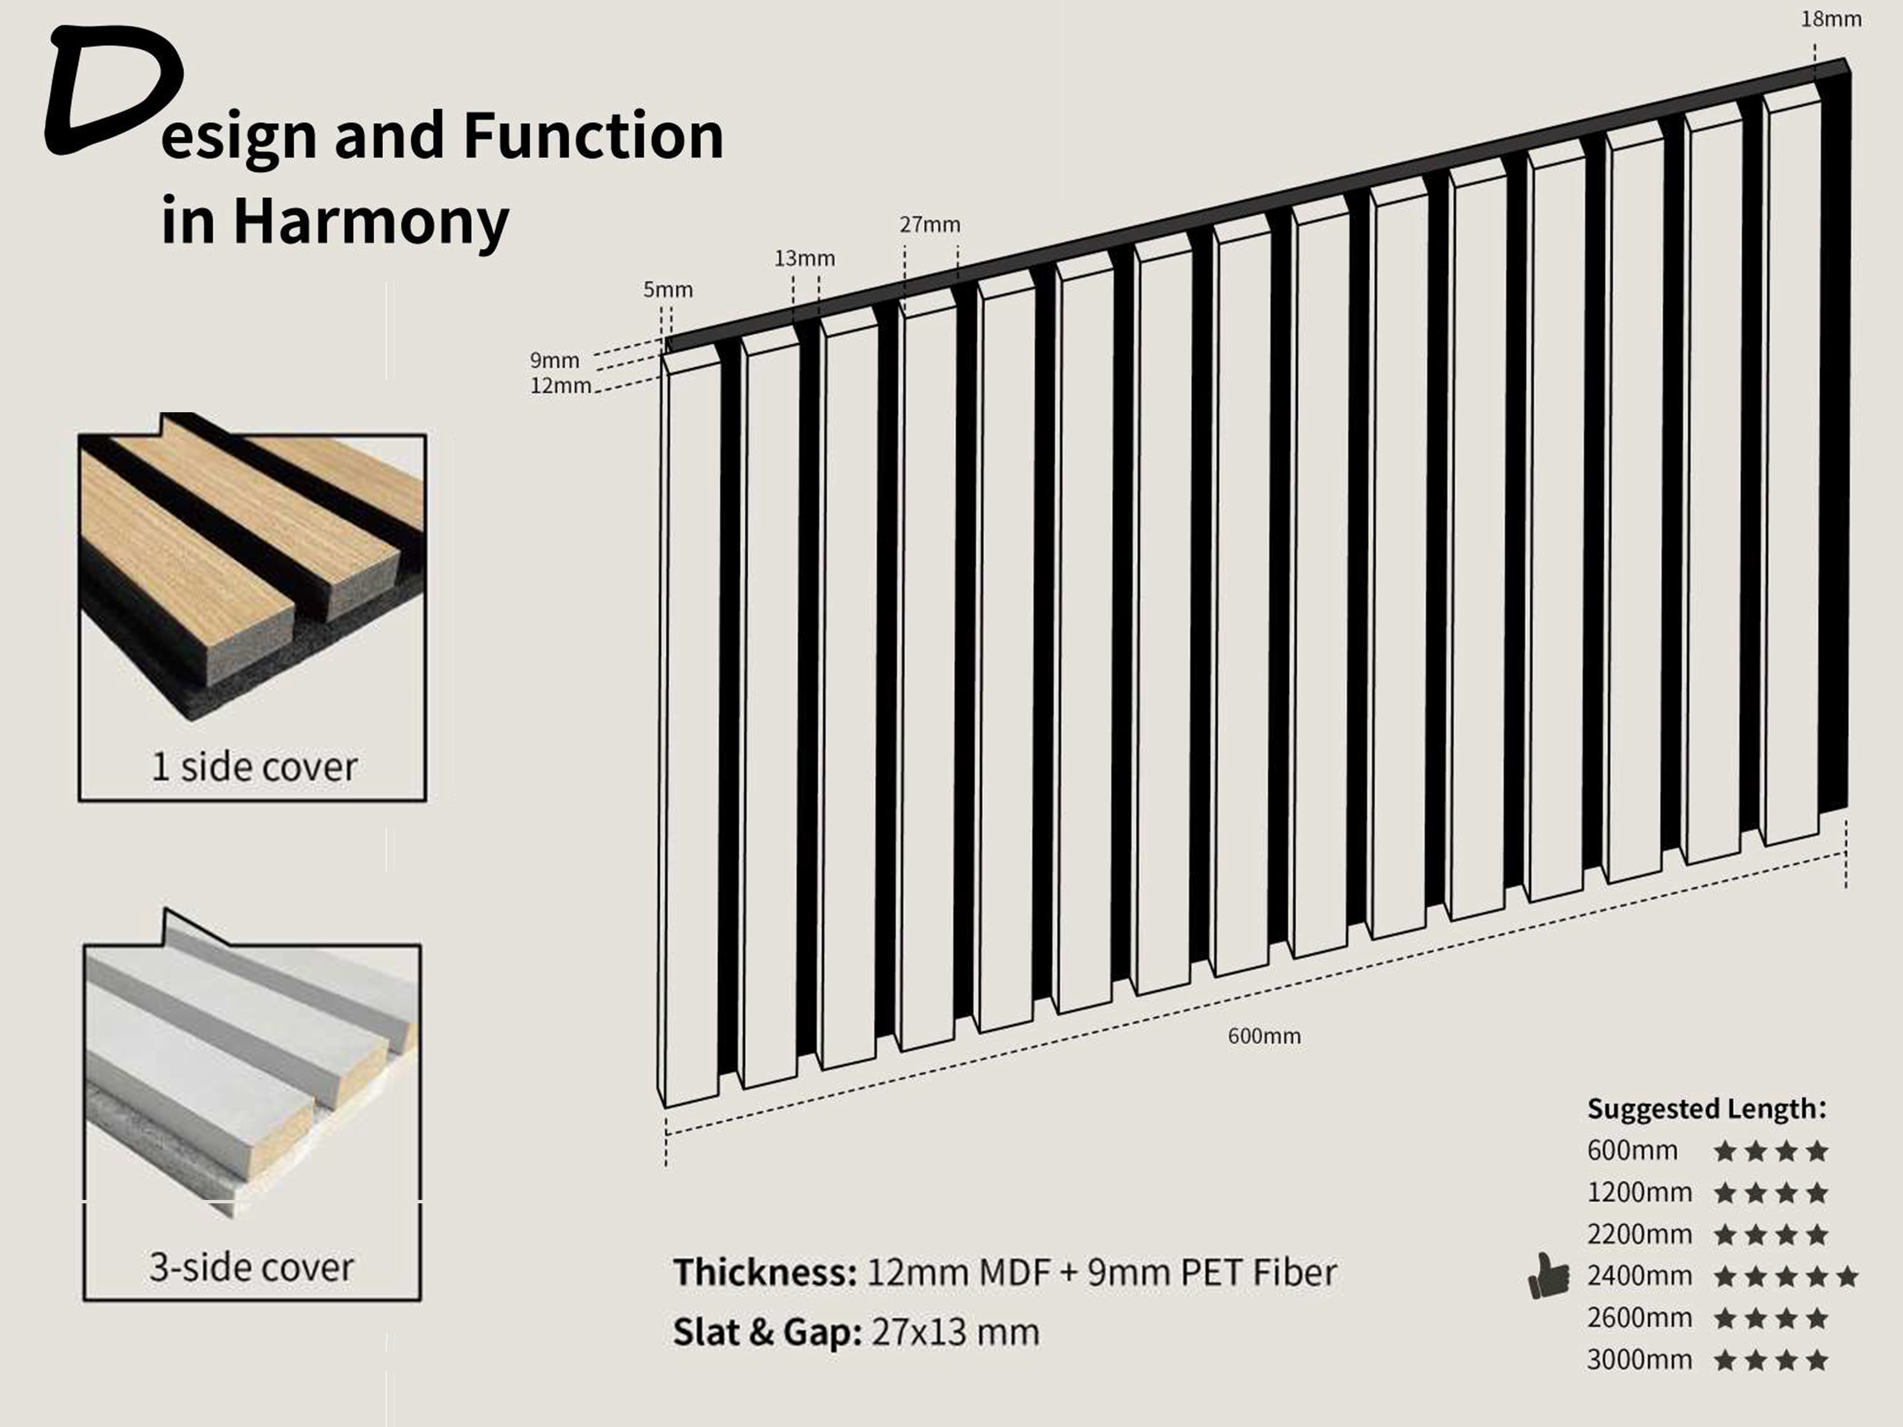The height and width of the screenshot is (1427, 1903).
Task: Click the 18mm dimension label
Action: (x=1831, y=19)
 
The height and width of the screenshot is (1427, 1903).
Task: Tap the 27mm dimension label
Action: (x=930, y=225)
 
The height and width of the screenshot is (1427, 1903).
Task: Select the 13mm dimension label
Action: (x=804, y=258)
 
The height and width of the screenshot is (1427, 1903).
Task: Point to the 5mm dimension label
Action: (x=669, y=290)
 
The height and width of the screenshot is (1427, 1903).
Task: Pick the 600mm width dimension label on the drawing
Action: (x=1264, y=1035)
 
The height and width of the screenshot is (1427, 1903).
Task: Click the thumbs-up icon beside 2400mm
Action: (x=1548, y=1276)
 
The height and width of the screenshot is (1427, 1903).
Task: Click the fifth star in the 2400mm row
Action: (x=1847, y=1276)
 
